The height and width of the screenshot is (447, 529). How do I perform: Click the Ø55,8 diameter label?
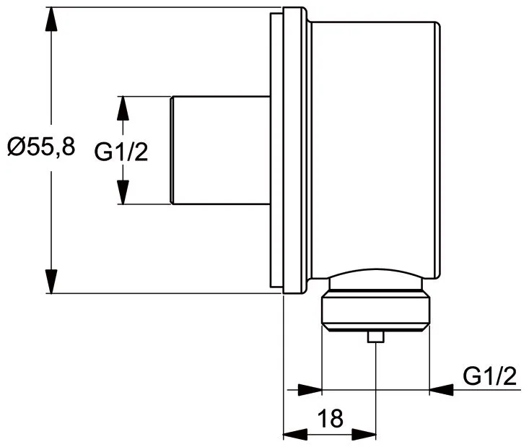click(x=41, y=147)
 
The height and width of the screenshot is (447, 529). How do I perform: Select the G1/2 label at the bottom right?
click(x=490, y=376)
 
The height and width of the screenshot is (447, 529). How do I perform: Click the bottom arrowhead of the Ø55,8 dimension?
click(x=51, y=281)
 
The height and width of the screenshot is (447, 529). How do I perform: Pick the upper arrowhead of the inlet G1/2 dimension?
click(x=122, y=108)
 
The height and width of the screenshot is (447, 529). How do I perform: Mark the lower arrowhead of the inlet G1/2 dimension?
click(x=122, y=192)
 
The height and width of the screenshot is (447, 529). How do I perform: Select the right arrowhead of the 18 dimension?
click(x=364, y=435)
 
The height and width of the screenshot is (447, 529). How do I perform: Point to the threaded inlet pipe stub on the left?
click(x=220, y=150)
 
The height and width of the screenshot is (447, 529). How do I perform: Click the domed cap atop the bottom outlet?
click(x=375, y=277)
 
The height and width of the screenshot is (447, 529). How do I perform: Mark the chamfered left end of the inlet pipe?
click(x=172, y=150)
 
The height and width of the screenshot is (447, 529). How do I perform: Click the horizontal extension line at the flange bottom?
click(x=166, y=293)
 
